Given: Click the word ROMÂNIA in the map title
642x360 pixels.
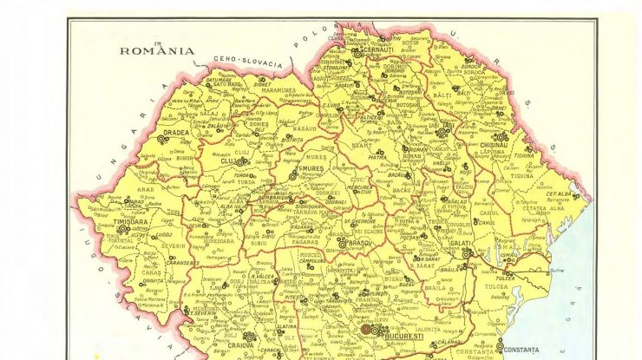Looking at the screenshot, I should point(157,51).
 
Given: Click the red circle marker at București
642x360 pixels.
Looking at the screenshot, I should point(366,330).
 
